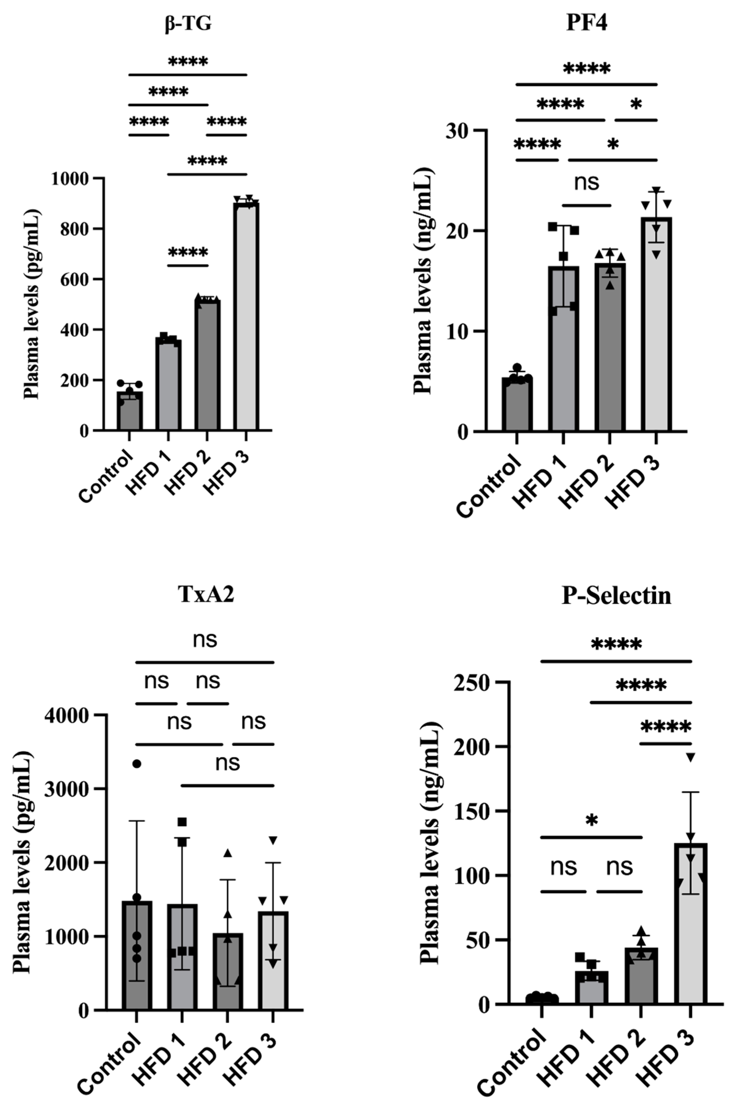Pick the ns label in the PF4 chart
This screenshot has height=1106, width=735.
587,182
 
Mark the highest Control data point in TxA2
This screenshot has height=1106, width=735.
137,764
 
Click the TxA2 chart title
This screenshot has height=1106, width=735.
206,595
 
